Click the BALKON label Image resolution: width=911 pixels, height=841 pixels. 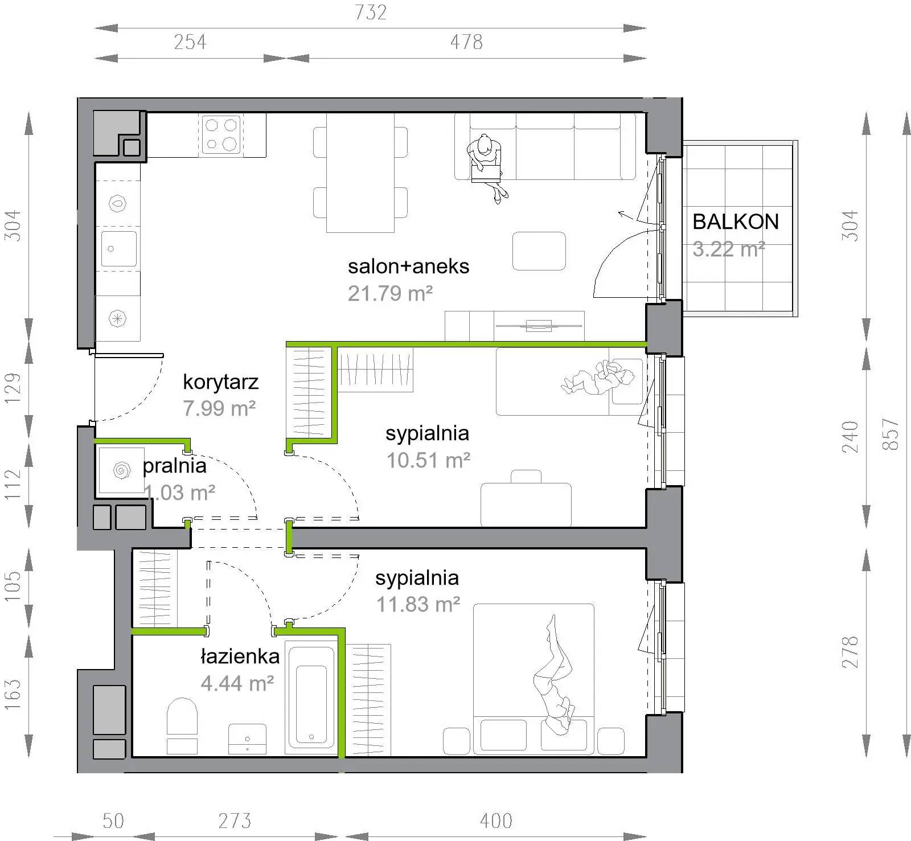[736, 221]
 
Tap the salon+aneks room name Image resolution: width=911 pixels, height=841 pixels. [408, 266]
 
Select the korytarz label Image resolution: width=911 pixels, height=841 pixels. [220, 381]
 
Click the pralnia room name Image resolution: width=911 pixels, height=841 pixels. [174, 466]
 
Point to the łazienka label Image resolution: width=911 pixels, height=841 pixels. [240, 657]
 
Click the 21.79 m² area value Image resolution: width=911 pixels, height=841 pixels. [390, 293]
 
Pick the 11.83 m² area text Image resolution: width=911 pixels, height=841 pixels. [418, 604]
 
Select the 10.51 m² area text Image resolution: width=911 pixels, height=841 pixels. [428, 460]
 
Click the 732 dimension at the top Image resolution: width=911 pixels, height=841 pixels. [371, 13]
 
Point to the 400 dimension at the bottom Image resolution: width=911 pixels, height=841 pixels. [496, 821]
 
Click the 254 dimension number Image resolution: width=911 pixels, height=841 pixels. [190, 42]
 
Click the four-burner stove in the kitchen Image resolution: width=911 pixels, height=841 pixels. [221, 134]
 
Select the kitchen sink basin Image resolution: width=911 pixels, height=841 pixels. [119, 248]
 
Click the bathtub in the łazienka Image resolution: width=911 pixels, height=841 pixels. [311, 697]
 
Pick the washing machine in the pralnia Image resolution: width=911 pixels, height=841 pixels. [121, 470]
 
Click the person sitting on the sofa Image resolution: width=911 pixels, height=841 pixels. [486, 167]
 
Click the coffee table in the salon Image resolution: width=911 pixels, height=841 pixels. [539, 251]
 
